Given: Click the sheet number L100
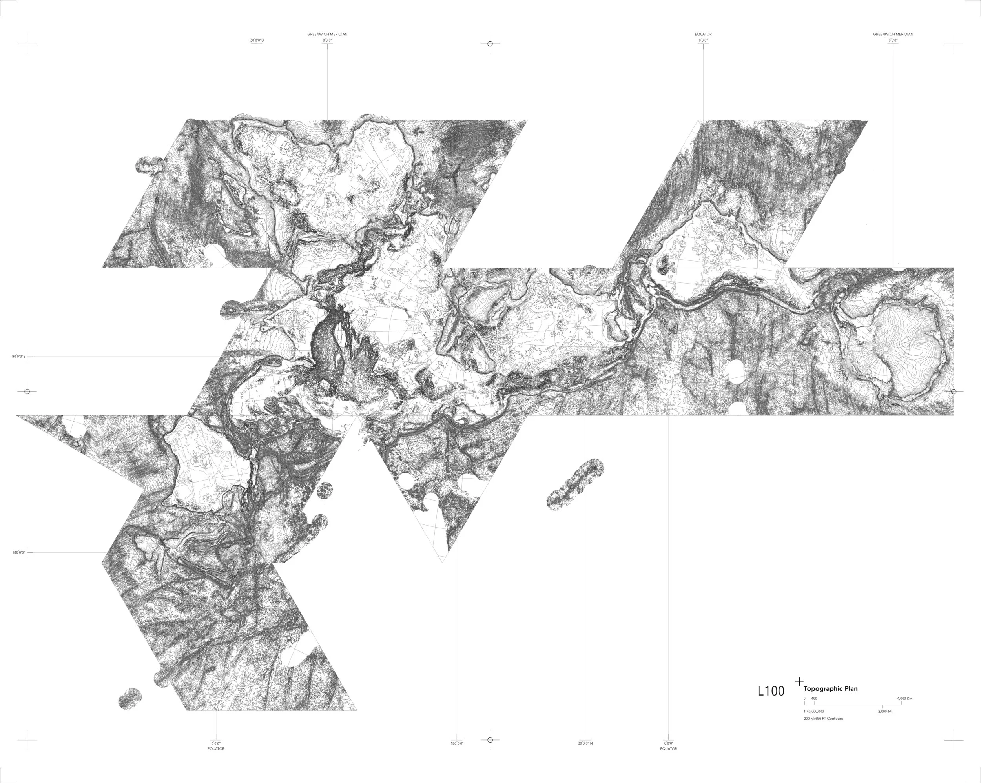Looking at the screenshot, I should pyautogui.click(x=771, y=691).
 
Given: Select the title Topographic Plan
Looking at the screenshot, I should pyautogui.click(x=830, y=689).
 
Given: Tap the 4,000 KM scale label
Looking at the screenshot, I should pyautogui.click(x=904, y=698).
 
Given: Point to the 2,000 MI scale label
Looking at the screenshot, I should pyautogui.click(x=885, y=711).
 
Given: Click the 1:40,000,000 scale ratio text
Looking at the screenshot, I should pyautogui.click(x=813, y=711).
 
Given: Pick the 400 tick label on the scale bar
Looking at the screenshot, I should pyautogui.click(x=814, y=698).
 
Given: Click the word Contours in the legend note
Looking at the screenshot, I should pyautogui.click(x=835, y=719).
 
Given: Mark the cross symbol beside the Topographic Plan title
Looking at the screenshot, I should pyautogui.click(x=799, y=681).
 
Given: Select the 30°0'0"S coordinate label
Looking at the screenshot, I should pyautogui.click(x=257, y=40).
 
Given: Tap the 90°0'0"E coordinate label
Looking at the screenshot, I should pyautogui.click(x=19, y=357).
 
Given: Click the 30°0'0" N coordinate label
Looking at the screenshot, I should pyautogui.click(x=585, y=743).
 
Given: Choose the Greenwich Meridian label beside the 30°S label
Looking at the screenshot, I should pyautogui.click(x=327, y=34).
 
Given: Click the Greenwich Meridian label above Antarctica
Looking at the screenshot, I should pyautogui.click(x=893, y=34).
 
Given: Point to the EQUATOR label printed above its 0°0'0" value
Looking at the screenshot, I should pyautogui.click(x=703, y=34).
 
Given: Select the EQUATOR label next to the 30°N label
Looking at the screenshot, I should pyautogui.click(x=668, y=749).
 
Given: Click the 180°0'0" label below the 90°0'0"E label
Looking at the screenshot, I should pyautogui.click(x=19, y=553).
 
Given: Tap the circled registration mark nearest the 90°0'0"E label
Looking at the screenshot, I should pyautogui.click(x=27, y=391).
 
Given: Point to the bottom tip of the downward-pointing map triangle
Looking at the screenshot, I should pyautogui.click(x=442, y=563).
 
